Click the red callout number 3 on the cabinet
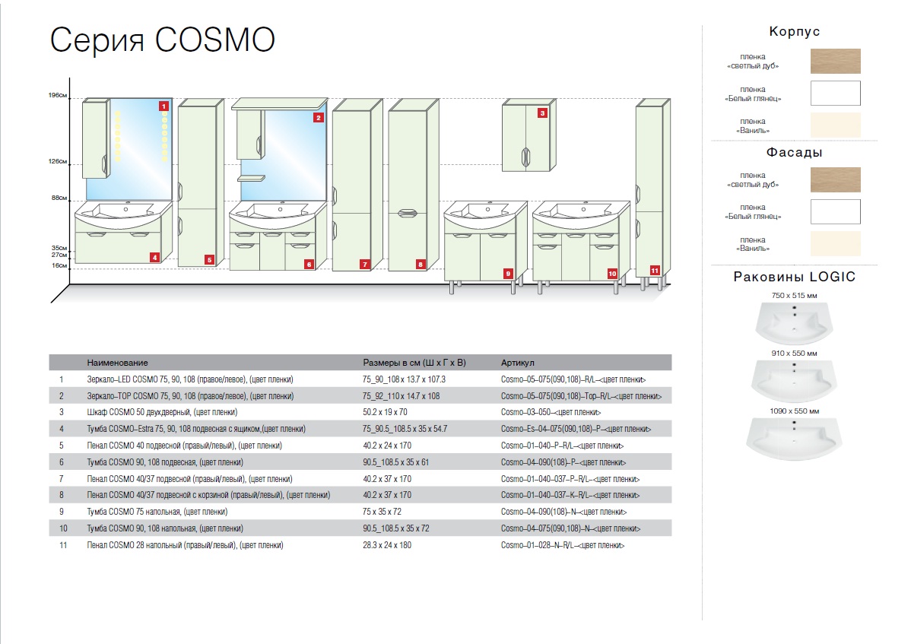(542, 113)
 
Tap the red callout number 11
(654, 269)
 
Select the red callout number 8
(420, 265)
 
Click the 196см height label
(59, 96)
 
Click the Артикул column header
(519, 363)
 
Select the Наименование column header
(117, 363)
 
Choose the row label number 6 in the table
(61, 462)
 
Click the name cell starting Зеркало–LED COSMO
(190, 379)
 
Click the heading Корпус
(794, 32)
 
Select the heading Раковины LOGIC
(794, 277)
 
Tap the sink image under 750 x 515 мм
(794, 322)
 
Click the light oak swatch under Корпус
(835, 61)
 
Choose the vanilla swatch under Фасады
(835, 243)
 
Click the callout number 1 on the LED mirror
(163, 106)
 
